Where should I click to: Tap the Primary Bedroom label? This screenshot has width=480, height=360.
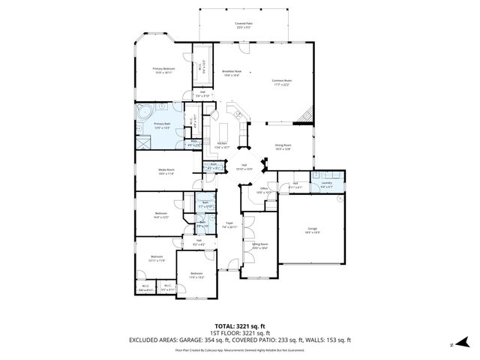[x=163, y=70]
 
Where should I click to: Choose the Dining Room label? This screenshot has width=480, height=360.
[x=282, y=147]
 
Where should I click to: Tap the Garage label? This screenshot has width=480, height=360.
[x=312, y=229]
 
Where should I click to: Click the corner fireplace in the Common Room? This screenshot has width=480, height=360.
[x=303, y=114]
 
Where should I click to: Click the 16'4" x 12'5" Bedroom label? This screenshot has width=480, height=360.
[x=161, y=214]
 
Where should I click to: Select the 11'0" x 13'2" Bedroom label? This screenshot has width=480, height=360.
[x=196, y=274]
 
